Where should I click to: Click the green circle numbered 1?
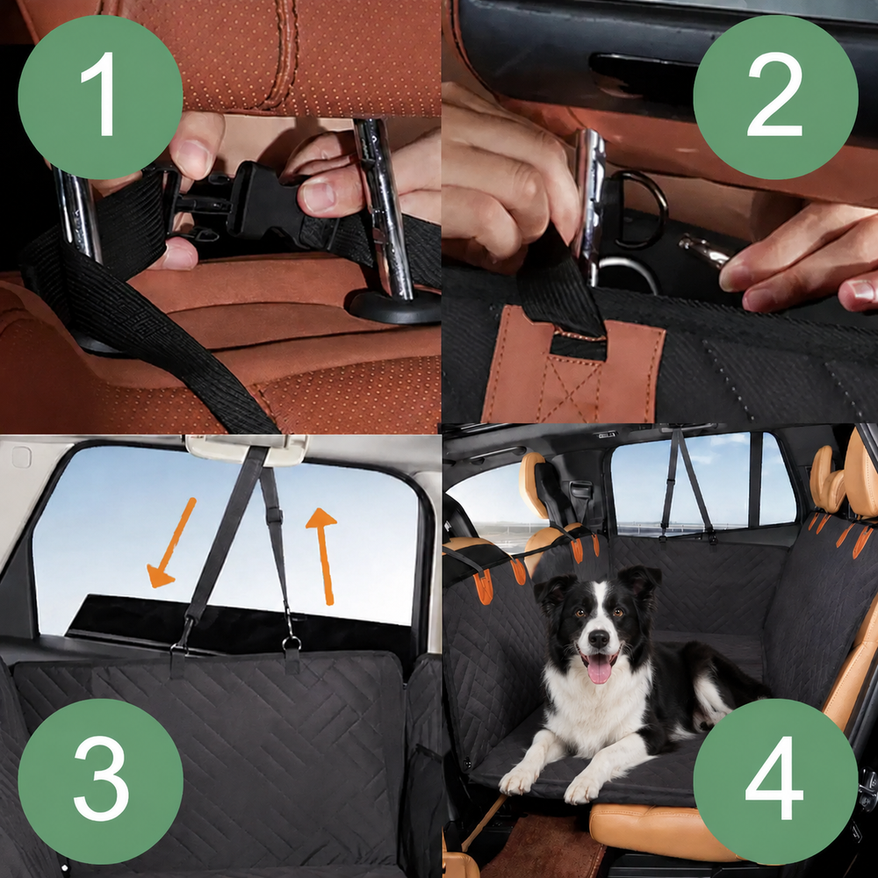[100, 97]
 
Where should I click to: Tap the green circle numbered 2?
[775, 97]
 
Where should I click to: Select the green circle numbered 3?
[100, 781]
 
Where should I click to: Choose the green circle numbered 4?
[775, 781]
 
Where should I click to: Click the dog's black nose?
[599, 637]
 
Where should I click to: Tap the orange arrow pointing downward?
[170, 543]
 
